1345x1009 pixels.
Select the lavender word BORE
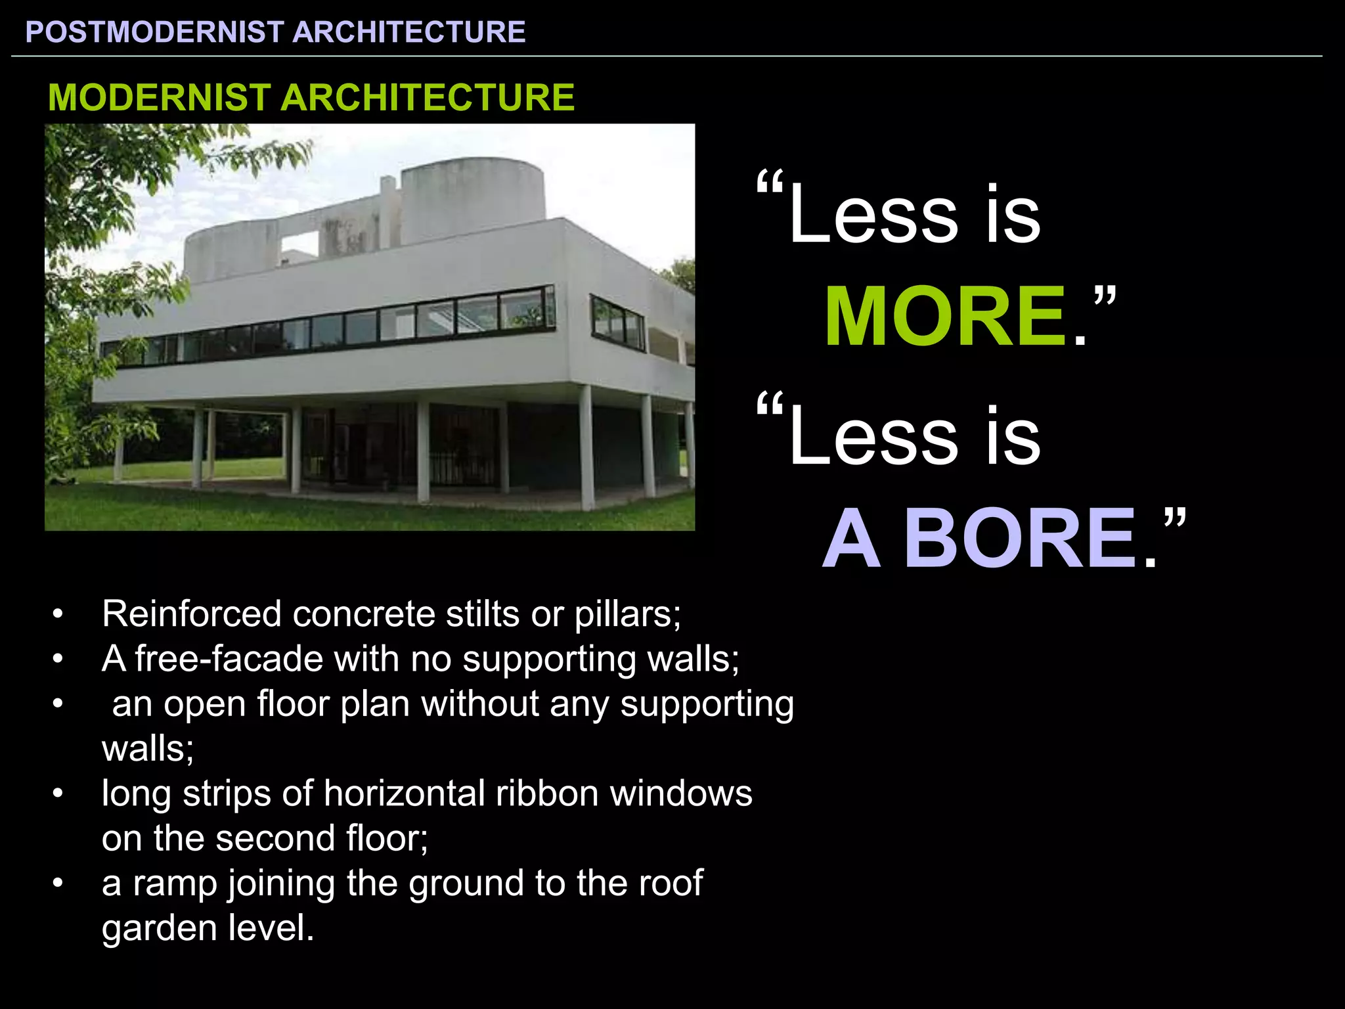click(1020, 539)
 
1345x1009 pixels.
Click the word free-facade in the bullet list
click(229, 659)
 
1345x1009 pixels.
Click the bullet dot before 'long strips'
click(58, 794)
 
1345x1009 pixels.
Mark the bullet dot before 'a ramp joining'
click(58, 884)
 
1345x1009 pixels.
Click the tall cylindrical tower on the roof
click(472, 197)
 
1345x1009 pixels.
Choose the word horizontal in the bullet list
click(404, 794)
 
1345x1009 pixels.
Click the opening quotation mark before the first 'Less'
click(770, 185)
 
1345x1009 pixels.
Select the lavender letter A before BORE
click(851, 539)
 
